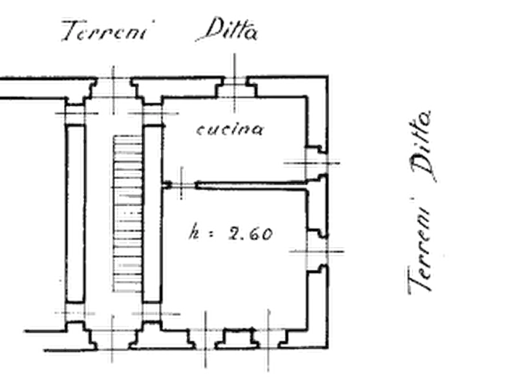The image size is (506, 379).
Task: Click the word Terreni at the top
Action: (x=105, y=31)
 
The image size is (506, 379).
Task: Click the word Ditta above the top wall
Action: (x=229, y=31)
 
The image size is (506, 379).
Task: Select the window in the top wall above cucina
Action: (x=233, y=88)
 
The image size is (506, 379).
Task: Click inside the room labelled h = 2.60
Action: (x=238, y=272)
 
